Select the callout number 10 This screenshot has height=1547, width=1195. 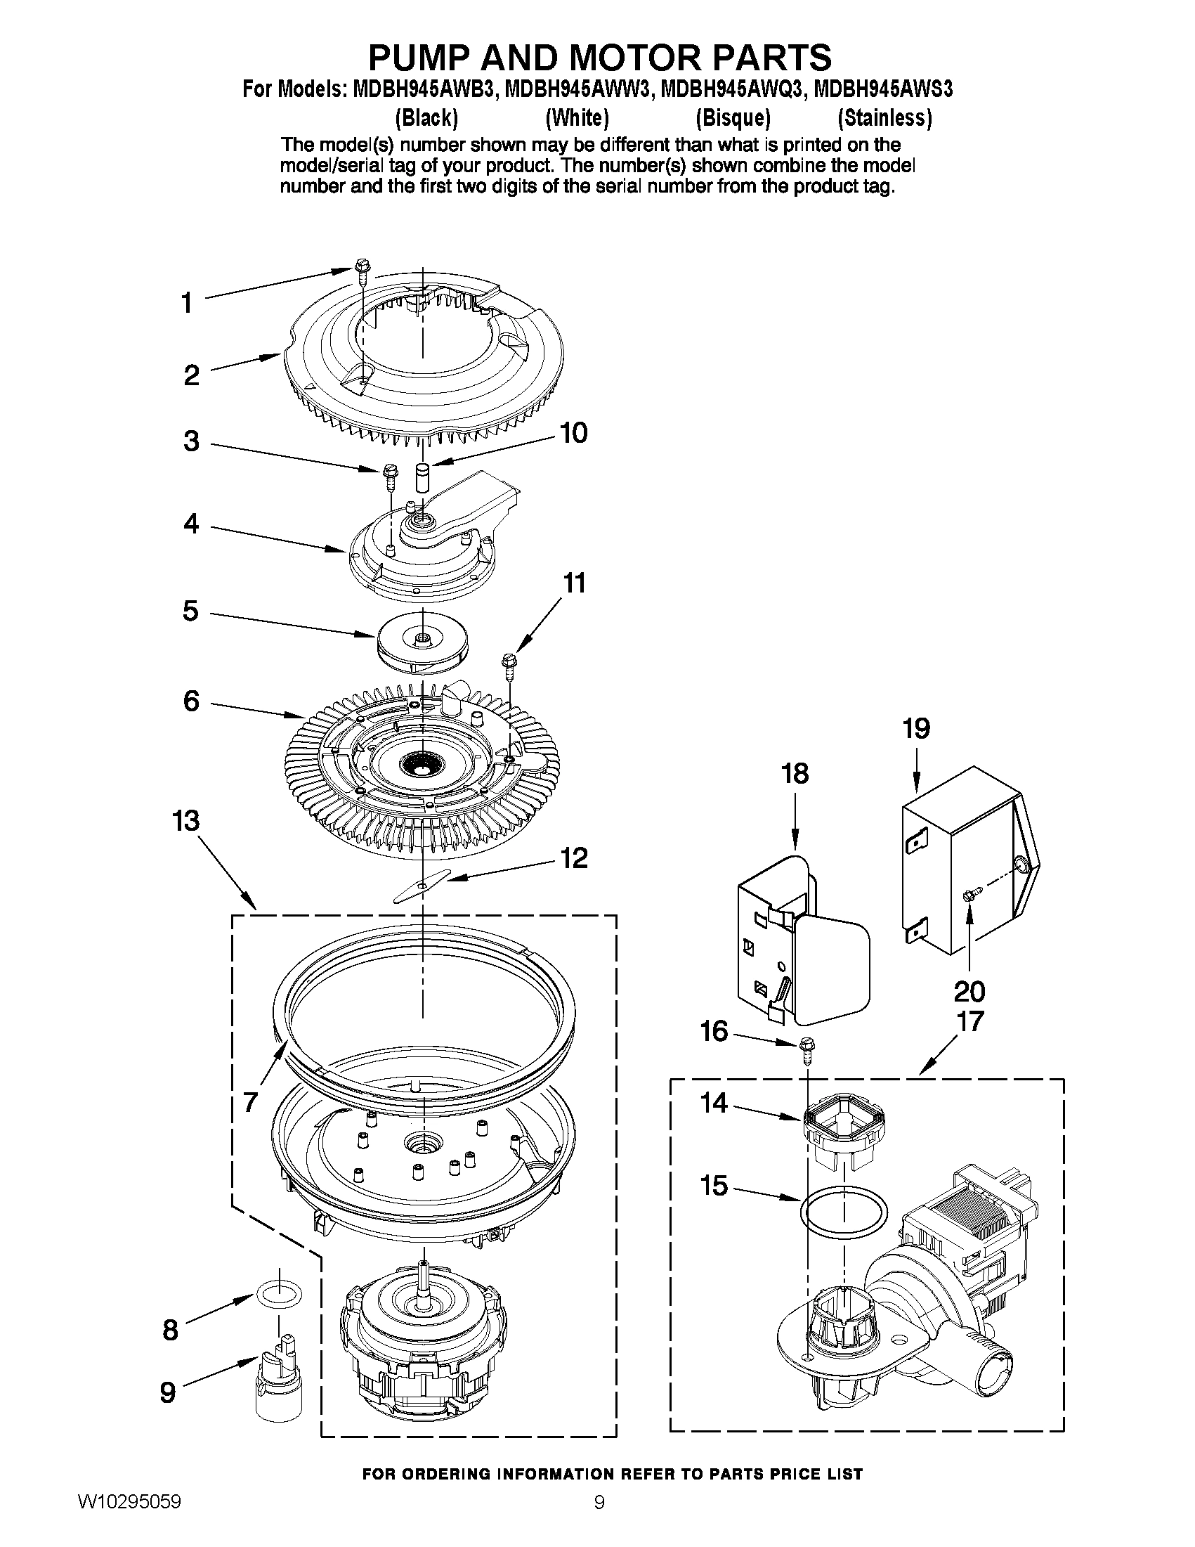573,433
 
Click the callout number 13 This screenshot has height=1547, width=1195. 186,822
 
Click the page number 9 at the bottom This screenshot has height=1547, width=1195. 599,1519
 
